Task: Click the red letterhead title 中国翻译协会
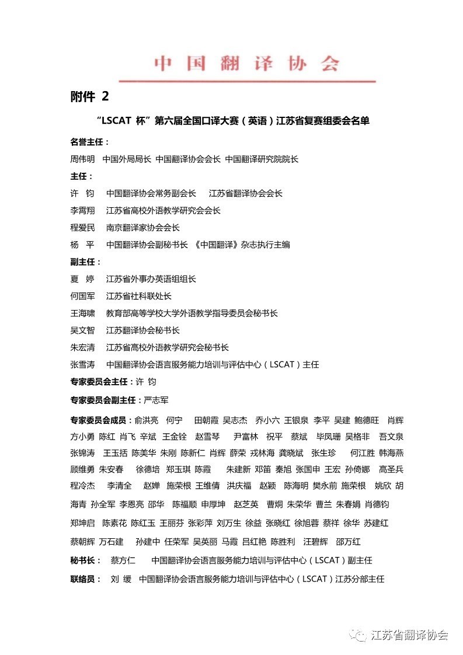coord(246,64)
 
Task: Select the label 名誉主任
coord(88,142)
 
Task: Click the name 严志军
coord(156,400)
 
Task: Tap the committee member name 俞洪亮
coord(146,420)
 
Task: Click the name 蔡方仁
coord(123,560)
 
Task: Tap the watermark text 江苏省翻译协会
coord(410,635)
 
